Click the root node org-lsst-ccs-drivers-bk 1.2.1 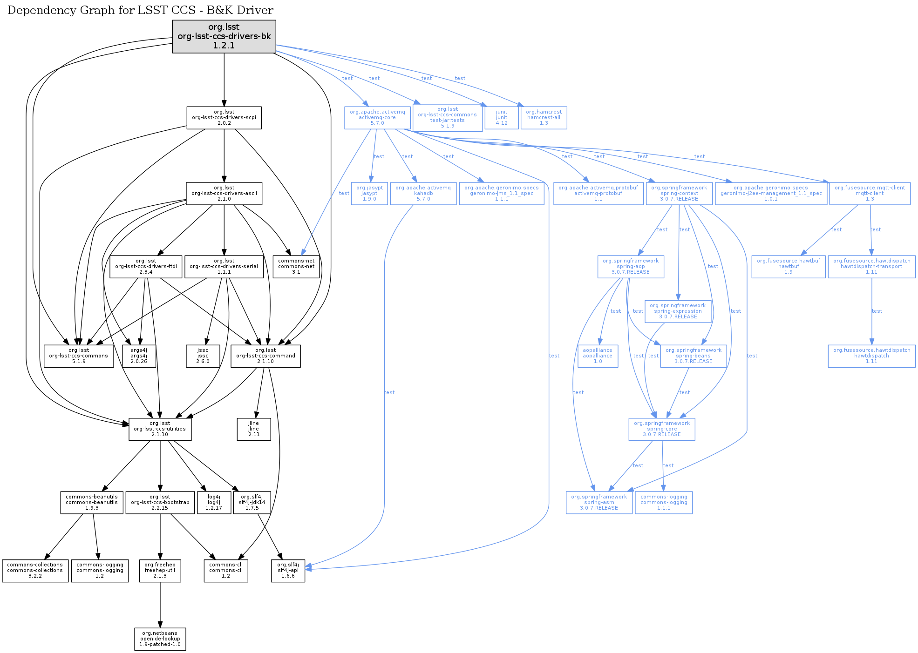(224, 36)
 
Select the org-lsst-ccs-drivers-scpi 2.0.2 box (224, 118)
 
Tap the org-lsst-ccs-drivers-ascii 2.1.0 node (224, 193)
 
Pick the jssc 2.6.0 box (203, 356)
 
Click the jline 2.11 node (254, 429)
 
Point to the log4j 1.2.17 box (214, 503)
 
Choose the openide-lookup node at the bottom (160, 639)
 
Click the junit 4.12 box (502, 118)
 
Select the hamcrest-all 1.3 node (544, 118)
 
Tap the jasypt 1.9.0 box (369, 193)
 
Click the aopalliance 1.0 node (598, 356)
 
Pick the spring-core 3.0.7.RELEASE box (662, 429)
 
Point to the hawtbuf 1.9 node (789, 267)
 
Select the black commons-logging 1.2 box (100, 571)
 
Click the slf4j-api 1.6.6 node (288, 571)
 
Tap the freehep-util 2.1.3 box (160, 571)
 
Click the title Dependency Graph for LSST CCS (103, 10)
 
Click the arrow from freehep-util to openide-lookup (160, 605)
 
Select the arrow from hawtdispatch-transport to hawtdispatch (872, 311)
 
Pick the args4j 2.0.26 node (139, 356)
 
